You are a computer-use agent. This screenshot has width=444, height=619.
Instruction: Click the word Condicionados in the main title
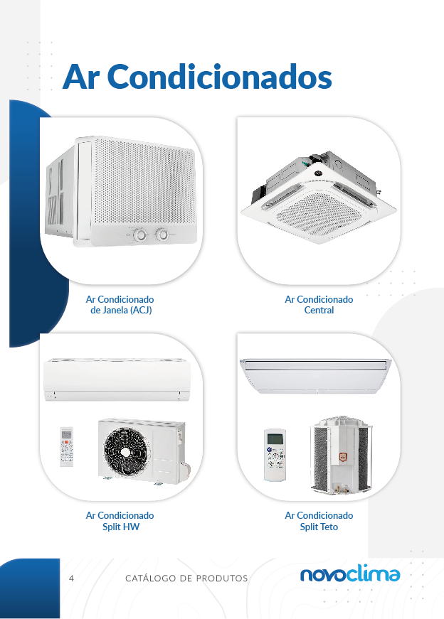click(x=219, y=76)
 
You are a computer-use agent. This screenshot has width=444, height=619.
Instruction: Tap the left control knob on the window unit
click(x=140, y=235)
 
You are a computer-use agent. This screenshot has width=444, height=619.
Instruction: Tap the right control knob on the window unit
click(x=162, y=235)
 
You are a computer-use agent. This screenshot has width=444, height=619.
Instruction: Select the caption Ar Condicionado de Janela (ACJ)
click(x=120, y=305)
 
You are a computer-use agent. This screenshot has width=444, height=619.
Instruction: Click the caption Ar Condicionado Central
click(x=319, y=305)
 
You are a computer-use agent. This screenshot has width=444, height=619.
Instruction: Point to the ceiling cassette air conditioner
click(x=319, y=196)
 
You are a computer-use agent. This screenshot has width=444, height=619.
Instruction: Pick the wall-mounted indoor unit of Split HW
click(x=117, y=380)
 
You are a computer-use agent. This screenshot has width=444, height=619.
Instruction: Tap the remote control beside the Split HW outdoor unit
click(x=67, y=447)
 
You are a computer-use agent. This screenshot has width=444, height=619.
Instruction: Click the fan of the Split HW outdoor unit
click(x=127, y=451)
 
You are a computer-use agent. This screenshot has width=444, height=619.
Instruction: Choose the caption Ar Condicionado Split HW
click(x=120, y=521)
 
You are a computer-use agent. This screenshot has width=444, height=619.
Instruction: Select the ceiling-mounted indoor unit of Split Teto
click(x=315, y=376)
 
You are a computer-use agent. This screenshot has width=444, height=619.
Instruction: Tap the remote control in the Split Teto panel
click(x=275, y=455)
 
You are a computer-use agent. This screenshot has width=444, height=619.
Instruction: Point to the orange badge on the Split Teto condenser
click(x=342, y=457)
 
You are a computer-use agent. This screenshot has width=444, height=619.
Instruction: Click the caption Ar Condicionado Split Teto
click(x=319, y=521)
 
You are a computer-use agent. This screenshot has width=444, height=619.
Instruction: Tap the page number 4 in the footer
click(x=71, y=578)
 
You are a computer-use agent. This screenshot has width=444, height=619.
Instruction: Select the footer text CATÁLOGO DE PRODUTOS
click(x=186, y=578)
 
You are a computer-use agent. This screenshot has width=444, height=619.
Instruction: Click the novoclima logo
click(x=350, y=574)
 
